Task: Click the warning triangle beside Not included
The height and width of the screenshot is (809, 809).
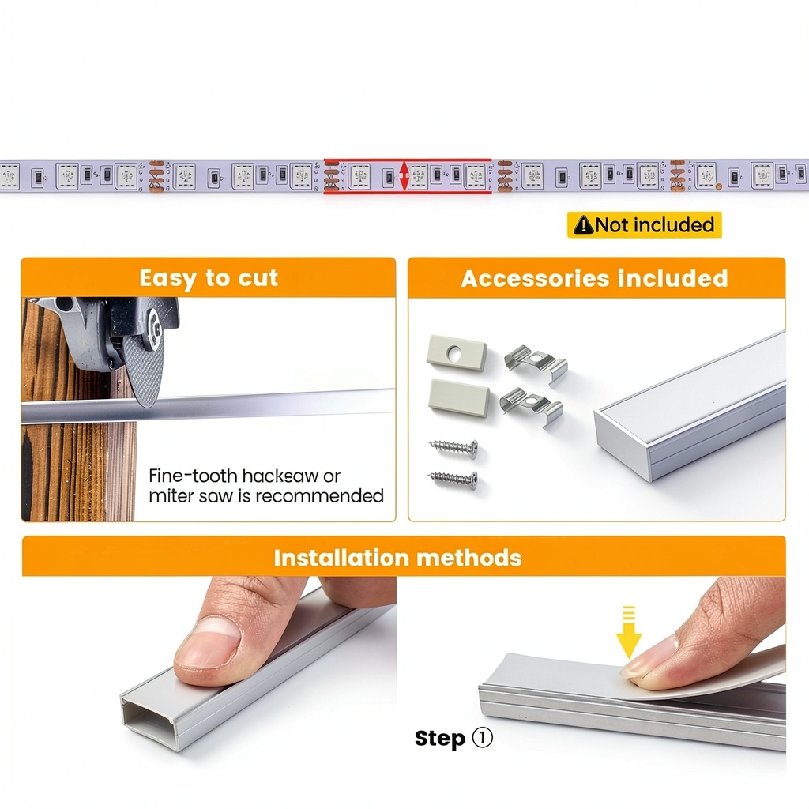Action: [x=583, y=225]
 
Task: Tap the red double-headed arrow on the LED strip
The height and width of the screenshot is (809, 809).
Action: [x=404, y=176]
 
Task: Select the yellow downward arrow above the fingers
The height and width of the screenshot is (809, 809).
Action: [x=628, y=632]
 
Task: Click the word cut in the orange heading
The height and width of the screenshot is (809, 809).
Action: [x=258, y=278]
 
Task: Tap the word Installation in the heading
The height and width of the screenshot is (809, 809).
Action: [x=341, y=559]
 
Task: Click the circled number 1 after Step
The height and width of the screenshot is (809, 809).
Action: [x=483, y=738]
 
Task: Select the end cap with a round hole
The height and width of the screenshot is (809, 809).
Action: [x=457, y=353]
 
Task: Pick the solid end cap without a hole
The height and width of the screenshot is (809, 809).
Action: [x=459, y=397]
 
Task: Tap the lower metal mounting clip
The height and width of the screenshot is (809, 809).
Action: [x=532, y=406]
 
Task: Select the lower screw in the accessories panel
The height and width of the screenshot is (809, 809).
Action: [x=453, y=480]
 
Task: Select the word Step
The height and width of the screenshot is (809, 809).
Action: [x=440, y=739]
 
